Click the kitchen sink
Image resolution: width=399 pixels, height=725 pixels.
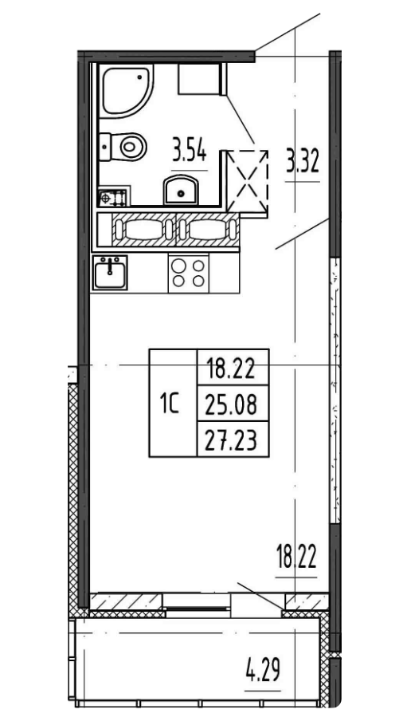click(x=109, y=274)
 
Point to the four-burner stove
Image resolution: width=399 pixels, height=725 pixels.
click(x=189, y=274)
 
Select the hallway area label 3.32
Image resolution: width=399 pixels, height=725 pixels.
click(x=303, y=164)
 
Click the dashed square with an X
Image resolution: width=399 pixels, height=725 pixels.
click(x=248, y=179)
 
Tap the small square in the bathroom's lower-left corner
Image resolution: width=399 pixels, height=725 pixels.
click(x=106, y=196)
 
